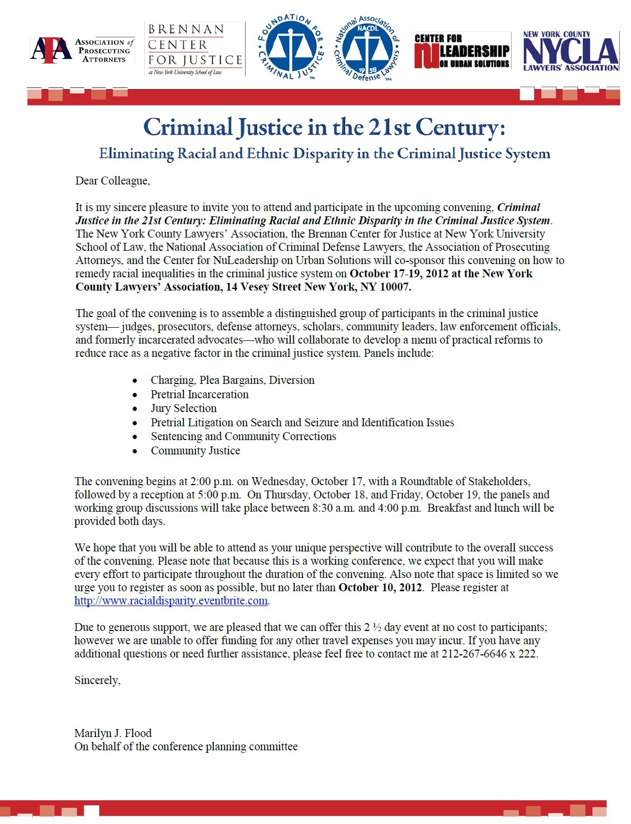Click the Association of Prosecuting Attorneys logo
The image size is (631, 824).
coord(82,50)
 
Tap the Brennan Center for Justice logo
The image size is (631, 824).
coord(195,49)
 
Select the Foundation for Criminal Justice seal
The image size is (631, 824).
coord(291,47)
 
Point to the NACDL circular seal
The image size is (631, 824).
coord(367,48)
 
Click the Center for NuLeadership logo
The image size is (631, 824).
coord(462,51)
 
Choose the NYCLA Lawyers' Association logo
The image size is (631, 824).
coord(571,51)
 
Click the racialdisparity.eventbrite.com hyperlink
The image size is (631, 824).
coord(171,601)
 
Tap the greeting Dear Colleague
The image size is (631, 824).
coord(112,181)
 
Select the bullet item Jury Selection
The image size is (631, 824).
coord(183,408)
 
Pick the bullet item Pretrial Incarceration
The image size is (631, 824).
coord(199,395)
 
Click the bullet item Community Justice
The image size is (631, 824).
coord(195,451)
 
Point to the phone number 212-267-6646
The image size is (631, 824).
coord(474,654)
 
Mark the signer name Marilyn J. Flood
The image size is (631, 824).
coord(113,733)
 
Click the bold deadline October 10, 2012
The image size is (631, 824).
coord(380,588)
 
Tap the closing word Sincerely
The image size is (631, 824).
coord(97,680)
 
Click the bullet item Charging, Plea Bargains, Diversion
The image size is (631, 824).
coord(232,380)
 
